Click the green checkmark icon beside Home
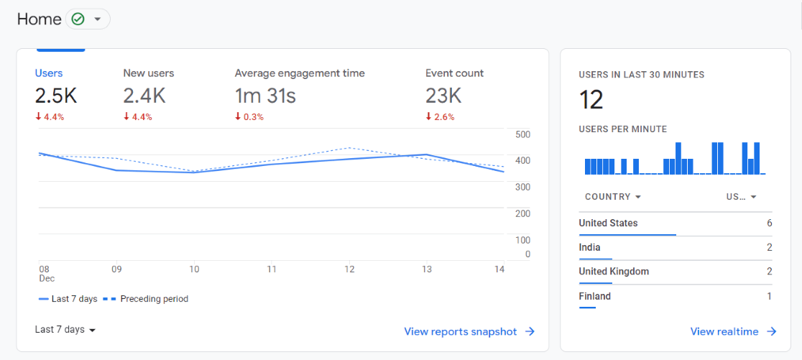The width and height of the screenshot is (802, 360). [x=78, y=19]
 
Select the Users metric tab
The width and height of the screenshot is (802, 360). [x=49, y=73]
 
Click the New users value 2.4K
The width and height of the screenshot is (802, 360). [x=144, y=96]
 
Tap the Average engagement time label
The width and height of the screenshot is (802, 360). [x=300, y=73]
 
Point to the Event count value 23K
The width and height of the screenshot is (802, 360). [x=443, y=96]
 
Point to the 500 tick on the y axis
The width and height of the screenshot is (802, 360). [x=522, y=134]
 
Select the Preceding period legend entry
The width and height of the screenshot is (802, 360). [x=153, y=299]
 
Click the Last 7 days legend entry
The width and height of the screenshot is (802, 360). [x=73, y=299]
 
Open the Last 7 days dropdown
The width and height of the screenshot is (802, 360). [x=65, y=330]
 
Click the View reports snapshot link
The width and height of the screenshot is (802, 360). [x=469, y=331]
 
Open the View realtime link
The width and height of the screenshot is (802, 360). [x=733, y=331]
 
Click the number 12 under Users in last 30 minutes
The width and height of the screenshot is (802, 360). [x=591, y=100]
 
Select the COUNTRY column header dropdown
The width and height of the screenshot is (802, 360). [x=613, y=197]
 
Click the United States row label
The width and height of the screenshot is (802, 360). [x=608, y=223]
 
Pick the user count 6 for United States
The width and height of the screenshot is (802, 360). [x=769, y=223]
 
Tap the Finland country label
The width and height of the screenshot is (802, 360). [x=594, y=296]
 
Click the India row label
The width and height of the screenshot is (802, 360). [x=589, y=248]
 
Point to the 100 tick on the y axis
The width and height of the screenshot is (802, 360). [x=522, y=240]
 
